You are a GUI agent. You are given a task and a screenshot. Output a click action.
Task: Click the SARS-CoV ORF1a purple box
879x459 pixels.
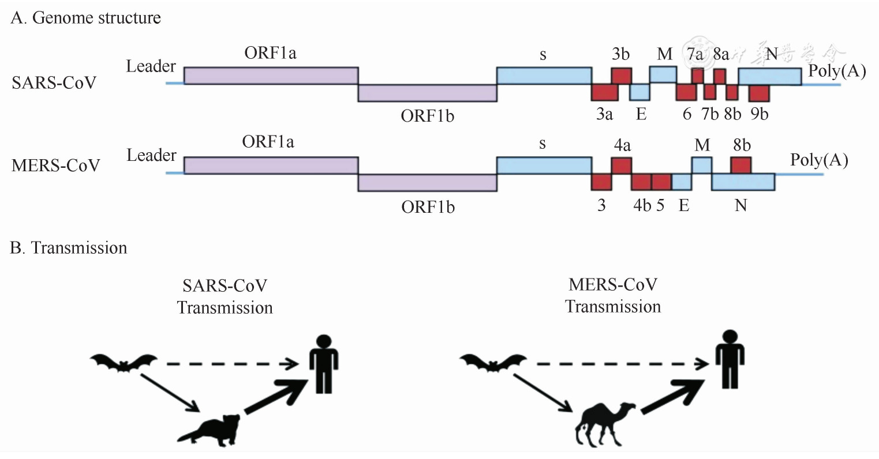coord(271,76)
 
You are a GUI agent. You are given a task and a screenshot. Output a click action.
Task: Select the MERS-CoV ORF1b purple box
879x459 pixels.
coord(427,182)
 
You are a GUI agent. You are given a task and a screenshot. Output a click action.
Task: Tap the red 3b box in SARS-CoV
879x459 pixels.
coord(621,76)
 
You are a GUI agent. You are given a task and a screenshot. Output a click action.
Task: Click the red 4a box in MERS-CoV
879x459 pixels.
coord(621,165)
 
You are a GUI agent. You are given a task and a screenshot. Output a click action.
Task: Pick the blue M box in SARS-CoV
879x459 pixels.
coord(663,74)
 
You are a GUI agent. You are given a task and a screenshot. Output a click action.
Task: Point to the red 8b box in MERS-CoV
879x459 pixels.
coord(740,165)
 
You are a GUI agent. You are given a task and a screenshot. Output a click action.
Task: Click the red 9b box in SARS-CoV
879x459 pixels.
coord(759,93)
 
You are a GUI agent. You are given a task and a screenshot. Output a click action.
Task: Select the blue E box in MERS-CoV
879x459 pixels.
coord(681,182)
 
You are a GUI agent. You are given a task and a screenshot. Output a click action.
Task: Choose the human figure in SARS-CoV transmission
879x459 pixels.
coord(323,364)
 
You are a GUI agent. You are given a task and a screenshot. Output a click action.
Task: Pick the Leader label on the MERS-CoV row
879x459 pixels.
coord(151,156)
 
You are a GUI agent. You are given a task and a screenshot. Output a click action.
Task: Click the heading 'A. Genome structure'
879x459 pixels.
coord(85,18)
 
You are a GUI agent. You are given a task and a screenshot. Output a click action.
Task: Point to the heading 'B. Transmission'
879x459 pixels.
coord(69,248)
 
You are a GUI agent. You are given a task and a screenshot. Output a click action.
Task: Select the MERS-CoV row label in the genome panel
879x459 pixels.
coord(55,166)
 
